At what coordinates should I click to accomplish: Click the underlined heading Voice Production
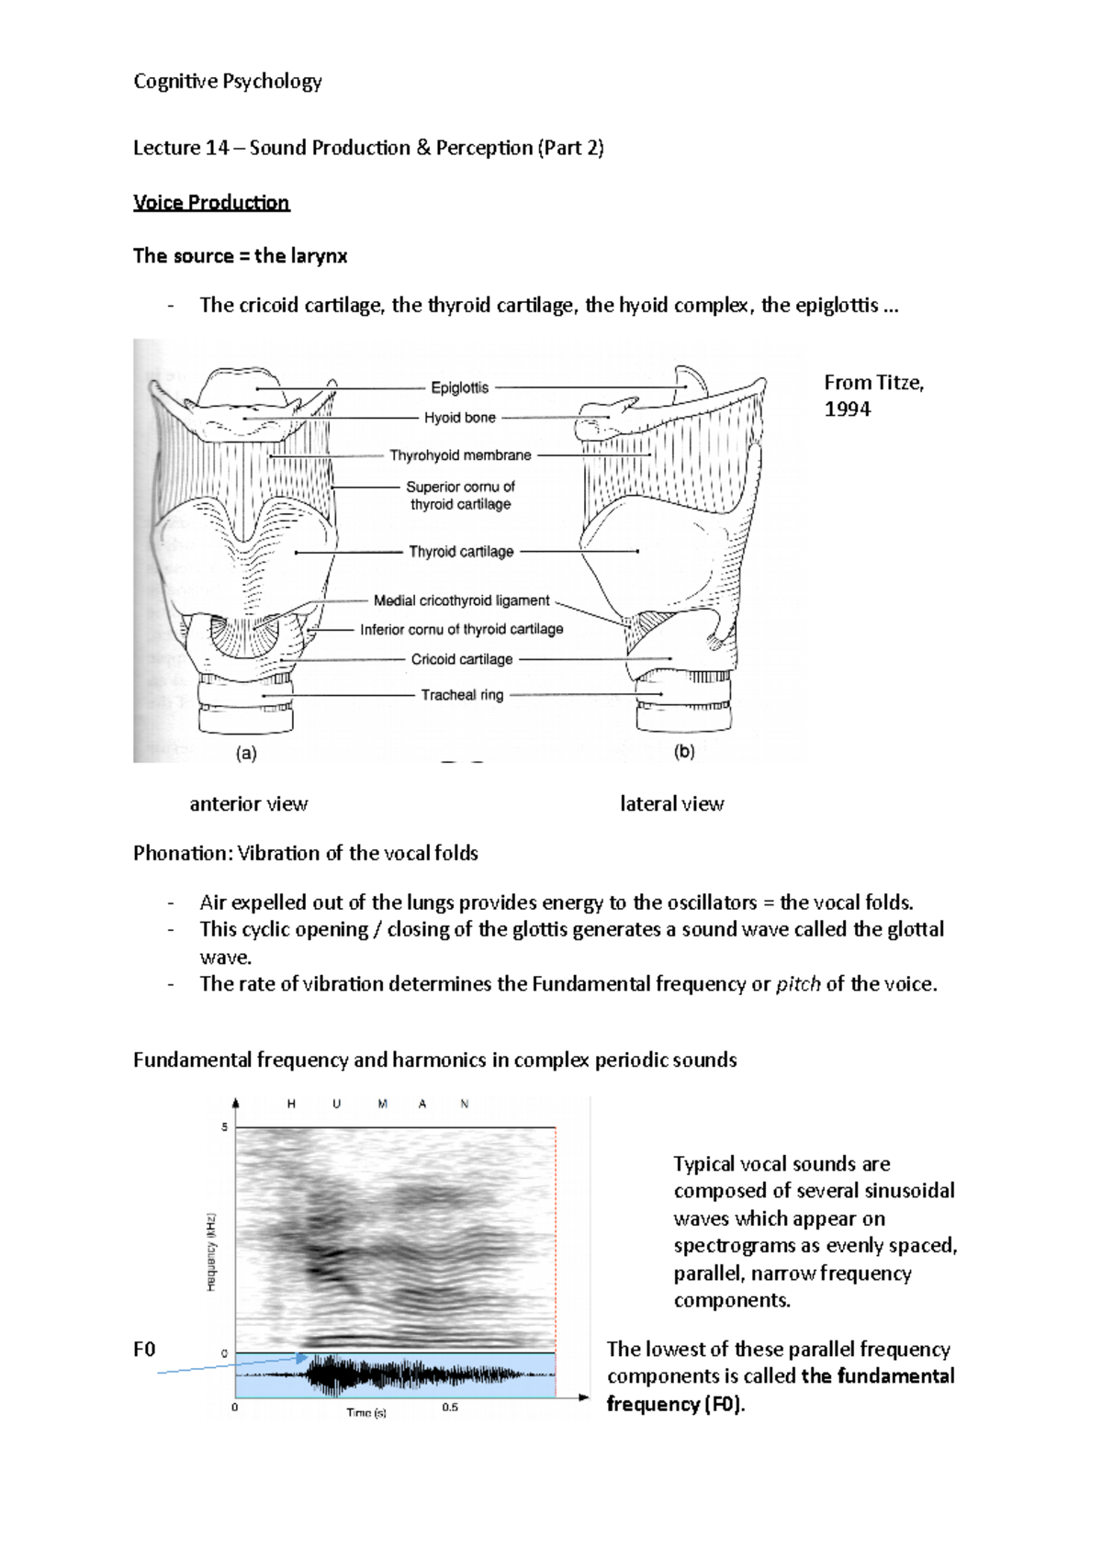(211, 203)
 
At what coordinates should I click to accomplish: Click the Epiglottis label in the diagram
(459, 387)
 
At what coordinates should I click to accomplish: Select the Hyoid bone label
(459, 418)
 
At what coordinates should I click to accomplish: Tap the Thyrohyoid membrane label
(460, 455)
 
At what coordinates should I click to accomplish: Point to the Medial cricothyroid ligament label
(461, 600)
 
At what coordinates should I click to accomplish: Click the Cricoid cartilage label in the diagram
(461, 659)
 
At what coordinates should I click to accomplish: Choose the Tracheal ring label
(462, 695)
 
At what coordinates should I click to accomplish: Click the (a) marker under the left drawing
(246, 754)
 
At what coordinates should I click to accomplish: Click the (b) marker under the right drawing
(684, 752)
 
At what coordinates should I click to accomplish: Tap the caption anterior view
(248, 804)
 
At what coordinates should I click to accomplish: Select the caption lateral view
(671, 804)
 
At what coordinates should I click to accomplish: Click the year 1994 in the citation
(847, 409)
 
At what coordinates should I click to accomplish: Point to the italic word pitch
(797, 984)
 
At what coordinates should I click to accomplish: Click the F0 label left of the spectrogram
(144, 1349)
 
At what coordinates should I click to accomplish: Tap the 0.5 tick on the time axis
(450, 1407)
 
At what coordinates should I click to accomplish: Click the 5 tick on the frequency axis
(224, 1127)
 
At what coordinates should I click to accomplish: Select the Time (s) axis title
(365, 1412)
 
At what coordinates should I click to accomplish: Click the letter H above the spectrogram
(291, 1105)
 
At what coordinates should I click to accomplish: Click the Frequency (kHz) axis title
(211, 1251)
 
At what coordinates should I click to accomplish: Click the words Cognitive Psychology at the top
(227, 82)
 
